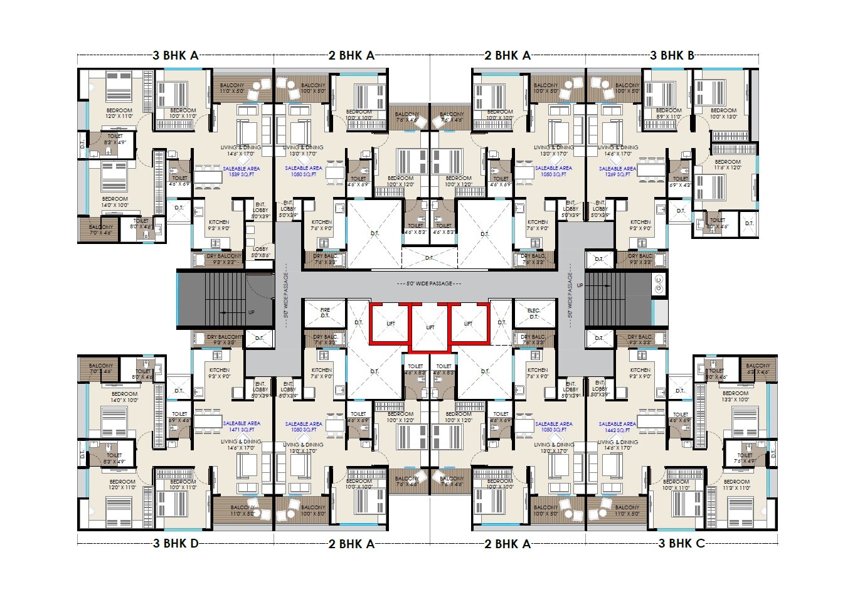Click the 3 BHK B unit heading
tap(672, 56)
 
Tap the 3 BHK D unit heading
tap(176, 543)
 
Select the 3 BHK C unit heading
tap(681, 543)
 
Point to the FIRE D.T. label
tap(324, 313)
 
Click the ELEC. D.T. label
tap(534, 313)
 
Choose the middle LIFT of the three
tap(430, 327)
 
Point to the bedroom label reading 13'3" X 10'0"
tap(736, 396)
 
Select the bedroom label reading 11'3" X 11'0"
tap(736, 484)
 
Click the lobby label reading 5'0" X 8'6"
tap(260, 252)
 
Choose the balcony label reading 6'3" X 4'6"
tap(758, 369)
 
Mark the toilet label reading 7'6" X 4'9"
tap(745, 458)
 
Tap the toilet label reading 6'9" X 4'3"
tap(680, 182)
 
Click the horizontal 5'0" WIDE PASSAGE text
tap(429, 284)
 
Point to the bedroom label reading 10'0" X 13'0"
tap(723, 114)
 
